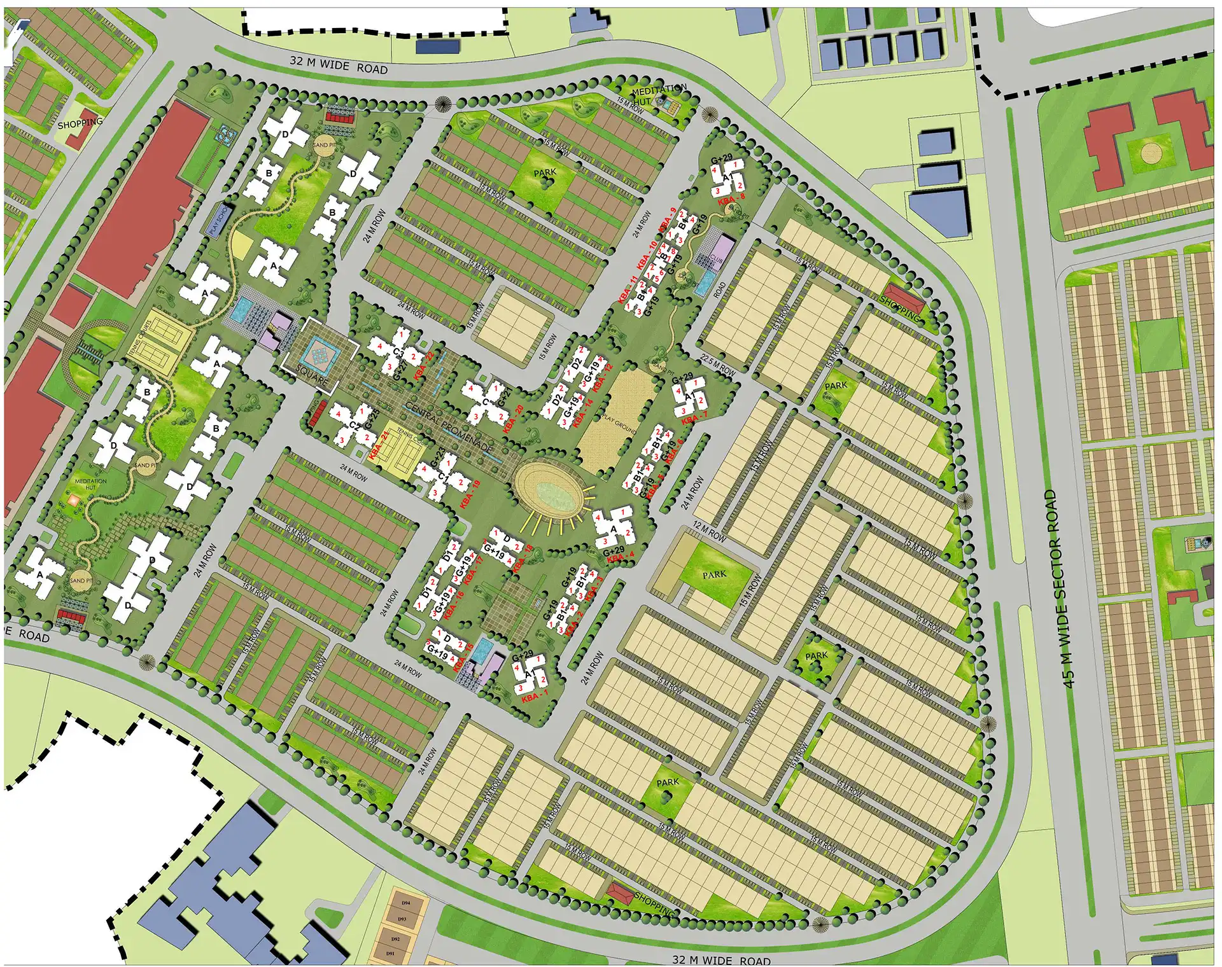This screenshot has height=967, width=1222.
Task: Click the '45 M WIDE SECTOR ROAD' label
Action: (1060, 588)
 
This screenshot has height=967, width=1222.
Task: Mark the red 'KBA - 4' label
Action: (621, 558)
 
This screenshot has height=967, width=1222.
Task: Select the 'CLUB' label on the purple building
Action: (717, 260)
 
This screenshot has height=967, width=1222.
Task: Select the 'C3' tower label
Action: (398, 353)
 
